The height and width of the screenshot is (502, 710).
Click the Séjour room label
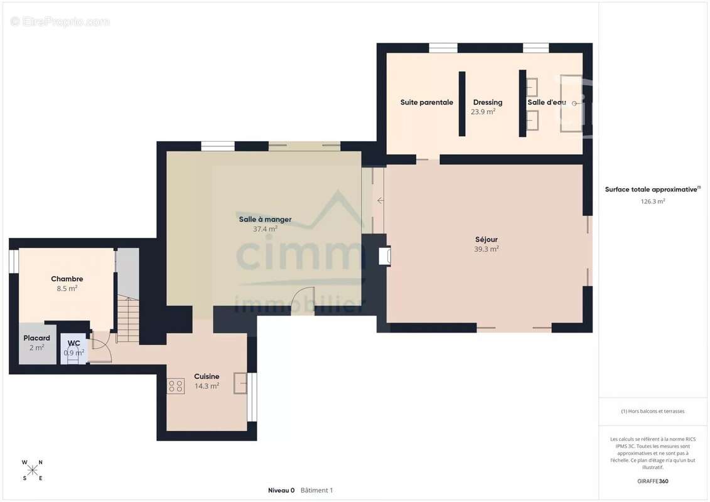[x=487, y=240]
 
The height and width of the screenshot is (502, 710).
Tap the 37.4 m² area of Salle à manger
[x=265, y=229]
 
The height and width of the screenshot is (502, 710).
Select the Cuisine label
[x=207, y=376]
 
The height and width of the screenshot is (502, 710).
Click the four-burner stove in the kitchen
[x=176, y=386]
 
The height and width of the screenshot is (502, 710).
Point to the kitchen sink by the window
[x=240, y=383]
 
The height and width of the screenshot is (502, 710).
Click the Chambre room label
[x=67, y=279]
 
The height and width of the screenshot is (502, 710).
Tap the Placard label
[x=36, y=338]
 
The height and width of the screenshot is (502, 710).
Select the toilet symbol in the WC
[x=73, y=353]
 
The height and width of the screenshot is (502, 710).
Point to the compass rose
[x=32, y=471]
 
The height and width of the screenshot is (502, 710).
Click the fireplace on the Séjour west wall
[x=384, y=256]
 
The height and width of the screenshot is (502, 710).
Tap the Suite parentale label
[x=426, y=102]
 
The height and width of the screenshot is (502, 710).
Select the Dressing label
[x=488, y=102]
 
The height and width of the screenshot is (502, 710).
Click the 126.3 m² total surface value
[x=652, y=201]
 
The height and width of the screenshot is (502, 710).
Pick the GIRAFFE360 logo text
[x=652, y=481]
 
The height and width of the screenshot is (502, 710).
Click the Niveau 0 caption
[x=281, y=490]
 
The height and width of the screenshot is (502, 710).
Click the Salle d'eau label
[x=547, y=102]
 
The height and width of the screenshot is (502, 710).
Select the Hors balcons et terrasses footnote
[x=652, y=411]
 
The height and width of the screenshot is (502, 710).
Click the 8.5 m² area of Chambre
[x=67, y=289]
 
